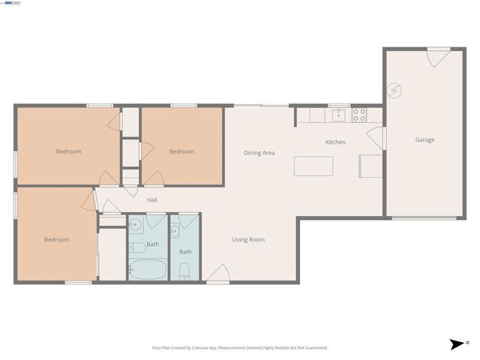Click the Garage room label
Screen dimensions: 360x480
point(425,139)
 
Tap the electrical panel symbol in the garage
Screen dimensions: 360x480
point(394,91)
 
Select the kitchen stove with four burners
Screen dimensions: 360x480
point(359,115)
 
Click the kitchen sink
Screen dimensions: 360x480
point(338,115)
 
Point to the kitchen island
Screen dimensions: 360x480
point(313,165)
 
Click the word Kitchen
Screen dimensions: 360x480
point(334,142)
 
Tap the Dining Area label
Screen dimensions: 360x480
point(259,153)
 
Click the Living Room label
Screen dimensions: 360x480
point(248,239)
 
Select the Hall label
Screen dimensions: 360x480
point(151,200)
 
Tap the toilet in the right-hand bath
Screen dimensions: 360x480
point(185,271)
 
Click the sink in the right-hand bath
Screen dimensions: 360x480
point(175,229)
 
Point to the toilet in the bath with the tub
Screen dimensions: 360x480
point(136,247)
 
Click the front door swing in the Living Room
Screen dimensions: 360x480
point(218,274)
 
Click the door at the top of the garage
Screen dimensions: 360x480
point(438,57)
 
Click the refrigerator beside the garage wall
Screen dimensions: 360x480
point(370,166)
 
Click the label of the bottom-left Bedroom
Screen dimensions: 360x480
point(56,240)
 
